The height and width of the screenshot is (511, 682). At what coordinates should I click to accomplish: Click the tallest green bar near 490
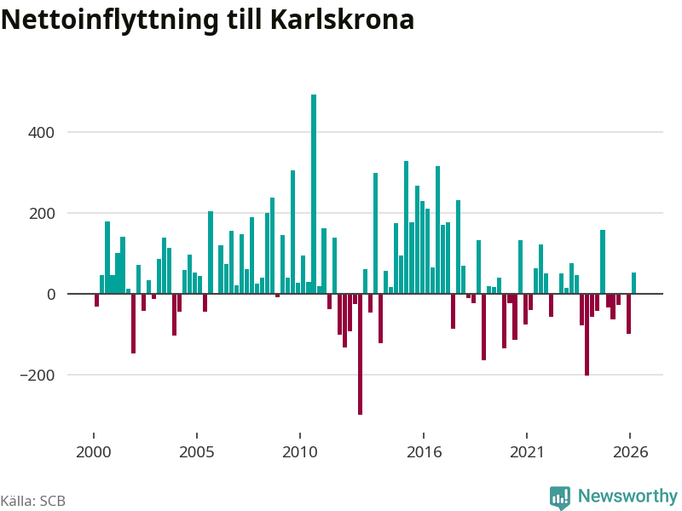314,194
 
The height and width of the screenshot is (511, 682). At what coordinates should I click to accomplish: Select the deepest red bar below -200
360,354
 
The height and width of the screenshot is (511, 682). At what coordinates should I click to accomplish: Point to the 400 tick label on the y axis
41,133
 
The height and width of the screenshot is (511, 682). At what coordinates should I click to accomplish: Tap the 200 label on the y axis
42,214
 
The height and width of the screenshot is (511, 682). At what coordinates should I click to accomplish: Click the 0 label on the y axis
51,295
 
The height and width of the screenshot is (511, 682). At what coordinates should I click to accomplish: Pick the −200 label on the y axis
38,376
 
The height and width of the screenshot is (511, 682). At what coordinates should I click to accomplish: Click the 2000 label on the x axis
94,452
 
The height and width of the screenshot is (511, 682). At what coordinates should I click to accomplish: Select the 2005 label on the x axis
197,452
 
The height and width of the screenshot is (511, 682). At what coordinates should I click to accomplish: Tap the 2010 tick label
300,452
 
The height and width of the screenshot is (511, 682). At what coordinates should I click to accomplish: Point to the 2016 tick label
424,452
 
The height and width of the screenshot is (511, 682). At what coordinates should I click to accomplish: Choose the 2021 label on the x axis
527,452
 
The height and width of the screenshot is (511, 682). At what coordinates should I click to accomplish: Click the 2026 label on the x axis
630,452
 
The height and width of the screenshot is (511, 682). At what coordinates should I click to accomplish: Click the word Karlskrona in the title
342,20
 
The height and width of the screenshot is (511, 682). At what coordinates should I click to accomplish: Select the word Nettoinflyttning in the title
110,20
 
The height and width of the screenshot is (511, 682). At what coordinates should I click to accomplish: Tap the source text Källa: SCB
33,501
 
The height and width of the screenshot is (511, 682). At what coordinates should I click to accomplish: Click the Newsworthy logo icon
560,497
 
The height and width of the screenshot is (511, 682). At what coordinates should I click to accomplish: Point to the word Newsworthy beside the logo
627,496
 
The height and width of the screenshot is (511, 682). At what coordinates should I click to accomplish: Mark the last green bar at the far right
633,283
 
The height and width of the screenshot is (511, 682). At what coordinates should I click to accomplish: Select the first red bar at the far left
96,301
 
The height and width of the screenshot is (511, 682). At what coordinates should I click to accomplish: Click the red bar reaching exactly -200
587,335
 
